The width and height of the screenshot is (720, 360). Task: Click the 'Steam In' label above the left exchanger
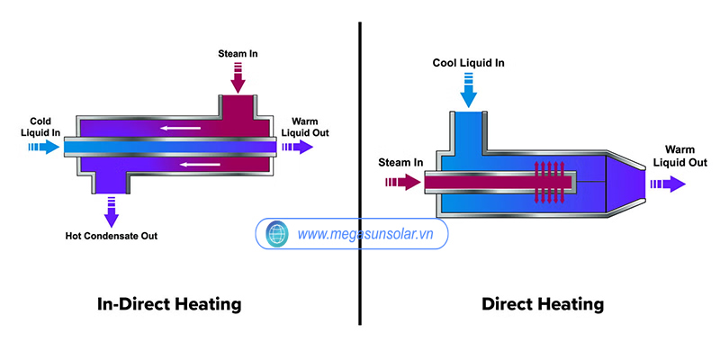(238, 53)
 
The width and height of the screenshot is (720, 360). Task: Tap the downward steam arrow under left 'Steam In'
(238, 80)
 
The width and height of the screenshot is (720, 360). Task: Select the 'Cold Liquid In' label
(45, 127)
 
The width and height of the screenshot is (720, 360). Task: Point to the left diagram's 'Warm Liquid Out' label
(305, 127)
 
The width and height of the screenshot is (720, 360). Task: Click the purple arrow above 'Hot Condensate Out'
(112, 211)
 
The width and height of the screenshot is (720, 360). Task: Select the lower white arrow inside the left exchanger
(200, 165)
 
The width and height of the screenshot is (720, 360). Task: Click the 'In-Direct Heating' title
(169, 304)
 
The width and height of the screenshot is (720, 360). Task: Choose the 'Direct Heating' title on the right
(543, 304)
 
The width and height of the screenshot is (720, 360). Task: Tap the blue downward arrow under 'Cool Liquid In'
(467, 88)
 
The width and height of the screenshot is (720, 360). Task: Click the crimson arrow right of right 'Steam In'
(401, 183)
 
